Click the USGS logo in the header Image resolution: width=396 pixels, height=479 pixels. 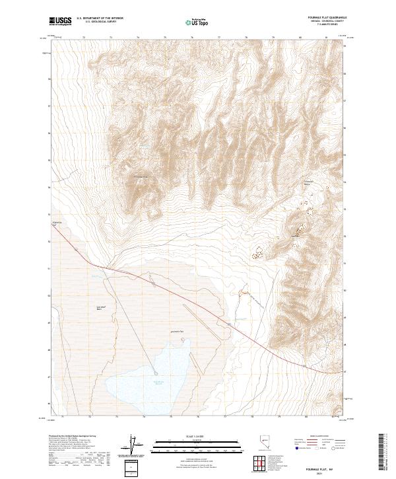pyautogui.click(x=60, y=21)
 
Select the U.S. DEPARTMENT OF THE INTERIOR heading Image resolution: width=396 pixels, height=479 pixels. pyautogui.click(x=100, y=18)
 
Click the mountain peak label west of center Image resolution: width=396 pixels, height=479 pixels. pyautogui.click(x=143, y=176)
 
